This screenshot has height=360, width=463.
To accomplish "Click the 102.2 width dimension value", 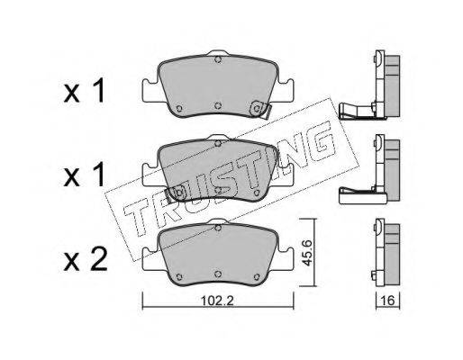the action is pyautogui.click(x=217, y=301).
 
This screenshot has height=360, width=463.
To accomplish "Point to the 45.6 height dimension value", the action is pyautogui.click(x=306, y=252).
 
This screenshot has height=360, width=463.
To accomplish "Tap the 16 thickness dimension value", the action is pyautogui.click(x=388, y=301).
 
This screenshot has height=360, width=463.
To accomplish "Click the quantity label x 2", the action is pyautogui.click(x=86, y=260).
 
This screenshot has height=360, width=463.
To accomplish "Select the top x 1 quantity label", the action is pyautogui.click(x=85, y=91).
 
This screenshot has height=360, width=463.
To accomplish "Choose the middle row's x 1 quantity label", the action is pyautogui.click(x=85, y=175).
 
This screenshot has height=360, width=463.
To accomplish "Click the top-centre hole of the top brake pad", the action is pyautogui.click(x=218, y=59).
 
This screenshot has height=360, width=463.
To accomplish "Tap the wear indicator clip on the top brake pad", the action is pyautogui.click(x=260, y=109).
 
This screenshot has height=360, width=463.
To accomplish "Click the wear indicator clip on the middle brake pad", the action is pyautogui.click(x=177, y=193).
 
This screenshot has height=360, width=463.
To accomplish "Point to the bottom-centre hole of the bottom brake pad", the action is pyautogui.click(x=218, y=274).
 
